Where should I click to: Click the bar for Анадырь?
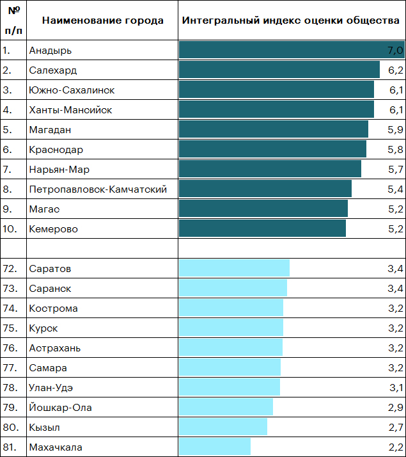pos(291,50)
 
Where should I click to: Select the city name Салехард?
pos(52,70)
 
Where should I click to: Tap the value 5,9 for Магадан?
pos(396,130)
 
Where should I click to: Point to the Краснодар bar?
pos(272,150)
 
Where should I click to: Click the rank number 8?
pos(7,189)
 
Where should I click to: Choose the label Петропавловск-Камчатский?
pos(98,189)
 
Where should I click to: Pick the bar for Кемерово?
pos(262,228)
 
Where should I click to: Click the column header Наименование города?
pos(102,20)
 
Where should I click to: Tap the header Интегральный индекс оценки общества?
pos(291,20)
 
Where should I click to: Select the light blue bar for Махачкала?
pos(215,447)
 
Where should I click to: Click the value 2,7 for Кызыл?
pos(396,427)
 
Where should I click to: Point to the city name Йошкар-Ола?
pos(60,407)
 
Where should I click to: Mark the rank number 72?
pos(10,268)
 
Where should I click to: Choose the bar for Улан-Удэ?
pos(230,387)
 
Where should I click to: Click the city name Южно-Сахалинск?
pos(72,90)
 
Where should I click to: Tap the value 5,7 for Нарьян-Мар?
pos(396,170)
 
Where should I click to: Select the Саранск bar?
pos(233,288)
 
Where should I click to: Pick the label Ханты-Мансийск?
pos(70,110)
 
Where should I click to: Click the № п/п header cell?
pos(13,20)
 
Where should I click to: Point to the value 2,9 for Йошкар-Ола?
pos(396,407)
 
